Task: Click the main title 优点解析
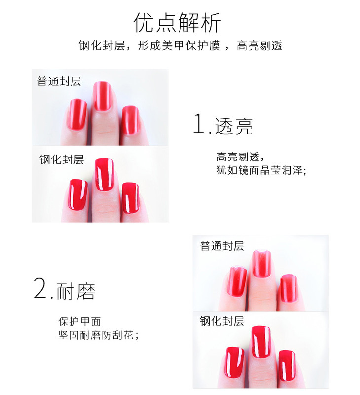pyautogui.click(x=177, y=23)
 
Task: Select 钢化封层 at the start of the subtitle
pyautogui.click(x=102, y=46)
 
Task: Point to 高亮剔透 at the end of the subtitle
pyautogui.click(x=259, y=46)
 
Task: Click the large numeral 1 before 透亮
pyautogui.click(x=199, y=123)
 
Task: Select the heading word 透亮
pyautogui.click(x=234, y=126)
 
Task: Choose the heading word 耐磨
pyautogui.click(x=76, y=291)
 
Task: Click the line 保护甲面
pyautogui.click(x=79, y=322)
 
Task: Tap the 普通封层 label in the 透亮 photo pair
pyautogui.click(x=59, y=81)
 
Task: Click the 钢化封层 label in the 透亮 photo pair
pyautogui.click(x=62, y=159)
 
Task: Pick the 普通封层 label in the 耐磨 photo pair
pyautogui.click(x=222, y=246)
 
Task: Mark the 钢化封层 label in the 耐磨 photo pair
pyautogui.click(x=222, y=321)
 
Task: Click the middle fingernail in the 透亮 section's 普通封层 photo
pyautogui.click(x=103, y=96)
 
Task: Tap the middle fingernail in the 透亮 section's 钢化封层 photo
pyautogui.click(x=104, y=175)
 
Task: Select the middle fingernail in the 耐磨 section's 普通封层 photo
pyautogui.click(x=262, y=264)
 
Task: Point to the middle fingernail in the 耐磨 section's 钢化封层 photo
pyautogui.click(x=261, y=342)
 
